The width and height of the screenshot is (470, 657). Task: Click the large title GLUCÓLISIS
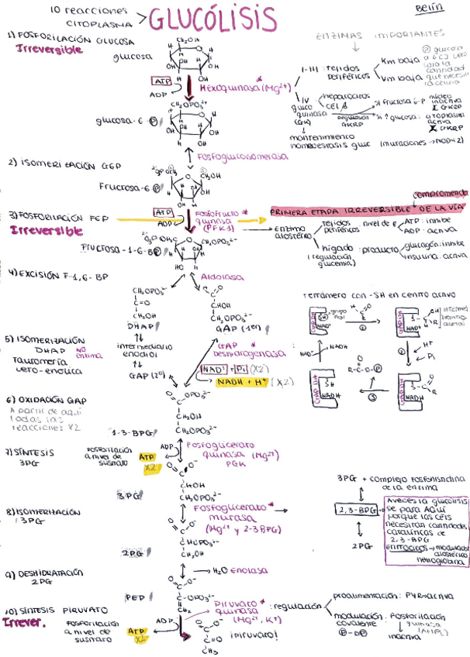(x=211, y=19)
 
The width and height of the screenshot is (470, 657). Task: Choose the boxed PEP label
(x=136, y=597)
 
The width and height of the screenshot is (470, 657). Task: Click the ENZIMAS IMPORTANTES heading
(x=380, y=35)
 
